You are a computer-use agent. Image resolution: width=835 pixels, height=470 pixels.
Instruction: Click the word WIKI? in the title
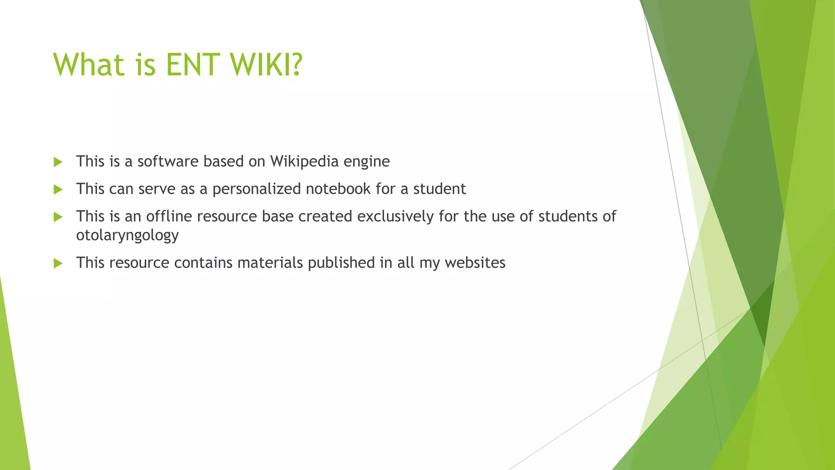(266, 64)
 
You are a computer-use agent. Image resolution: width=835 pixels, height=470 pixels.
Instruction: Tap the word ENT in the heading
(191, 64)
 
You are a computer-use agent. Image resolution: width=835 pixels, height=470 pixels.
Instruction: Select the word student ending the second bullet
(440, 189)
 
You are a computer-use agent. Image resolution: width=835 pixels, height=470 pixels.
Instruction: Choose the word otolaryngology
(127, 235)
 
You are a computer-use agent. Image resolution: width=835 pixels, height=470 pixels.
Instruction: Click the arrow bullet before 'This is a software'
(58, 162)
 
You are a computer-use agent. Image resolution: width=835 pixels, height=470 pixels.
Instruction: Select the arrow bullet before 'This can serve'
(58, 189)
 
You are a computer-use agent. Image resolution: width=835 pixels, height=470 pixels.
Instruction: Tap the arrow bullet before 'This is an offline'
(58, 217)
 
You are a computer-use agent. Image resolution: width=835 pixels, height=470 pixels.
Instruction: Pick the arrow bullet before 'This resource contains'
(58, 263)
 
